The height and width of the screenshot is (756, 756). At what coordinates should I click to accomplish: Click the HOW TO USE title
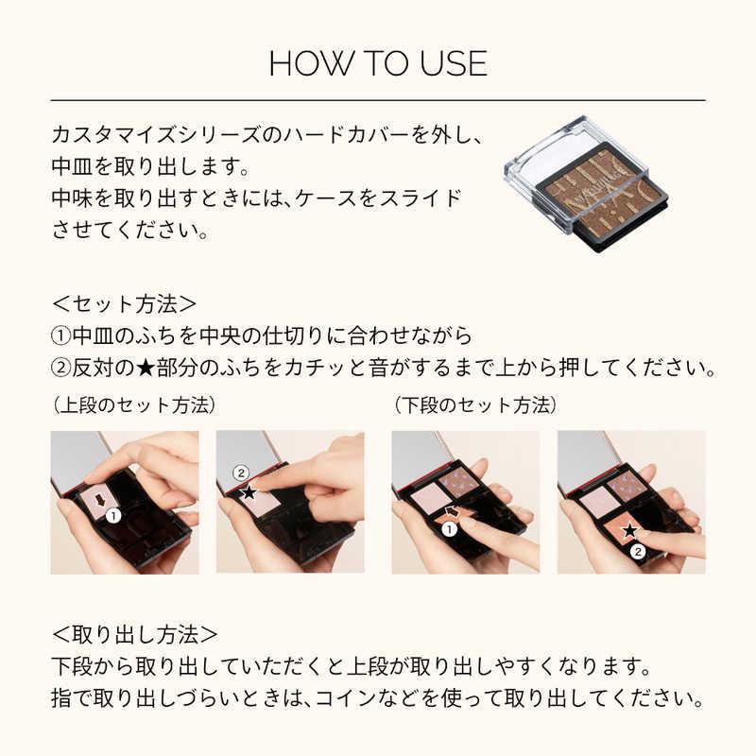click(378, 63)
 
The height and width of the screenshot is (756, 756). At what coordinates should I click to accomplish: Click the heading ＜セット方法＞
click(124, 303)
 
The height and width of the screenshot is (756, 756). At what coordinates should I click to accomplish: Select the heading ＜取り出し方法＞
click(134, 634)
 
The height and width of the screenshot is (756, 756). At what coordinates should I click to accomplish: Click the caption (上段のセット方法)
click(133, 405)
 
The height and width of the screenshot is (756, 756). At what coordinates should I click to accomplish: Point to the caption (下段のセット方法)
click(475, 405)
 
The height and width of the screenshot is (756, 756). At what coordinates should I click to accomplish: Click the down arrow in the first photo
click(100, 500)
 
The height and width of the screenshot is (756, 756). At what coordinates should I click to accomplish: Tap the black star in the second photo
click(249, 492)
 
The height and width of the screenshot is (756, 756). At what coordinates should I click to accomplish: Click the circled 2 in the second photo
click(241, 473)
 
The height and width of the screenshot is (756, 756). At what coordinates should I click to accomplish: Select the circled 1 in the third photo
click(450, 529)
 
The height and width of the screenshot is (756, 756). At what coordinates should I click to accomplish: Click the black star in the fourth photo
click(629, 532)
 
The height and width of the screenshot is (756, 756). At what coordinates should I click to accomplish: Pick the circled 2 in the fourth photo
click(638, 551)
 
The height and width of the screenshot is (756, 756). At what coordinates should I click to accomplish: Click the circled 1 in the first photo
click(113, 516)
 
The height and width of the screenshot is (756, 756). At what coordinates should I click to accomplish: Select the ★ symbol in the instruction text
click(146, 369)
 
